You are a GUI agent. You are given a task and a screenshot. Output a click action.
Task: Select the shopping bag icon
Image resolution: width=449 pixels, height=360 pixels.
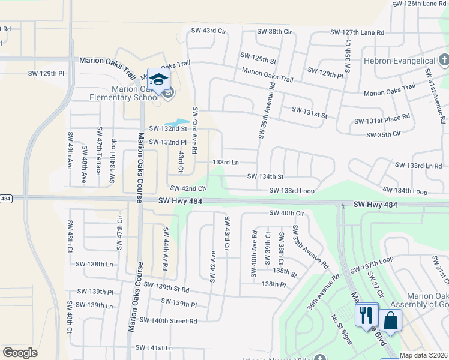point(390,320)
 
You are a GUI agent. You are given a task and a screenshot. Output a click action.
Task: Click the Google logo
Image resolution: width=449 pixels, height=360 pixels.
point(20,353)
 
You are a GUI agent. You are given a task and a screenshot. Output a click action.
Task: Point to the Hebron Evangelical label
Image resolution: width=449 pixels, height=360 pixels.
point(399,61)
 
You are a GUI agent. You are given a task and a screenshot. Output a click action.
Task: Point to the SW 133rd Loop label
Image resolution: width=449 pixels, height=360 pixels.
point(292,191)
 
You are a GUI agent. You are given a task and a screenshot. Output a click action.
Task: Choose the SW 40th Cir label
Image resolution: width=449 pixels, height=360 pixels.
point(287,213)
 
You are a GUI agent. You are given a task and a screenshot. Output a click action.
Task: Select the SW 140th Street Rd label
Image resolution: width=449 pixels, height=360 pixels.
point(168,321)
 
